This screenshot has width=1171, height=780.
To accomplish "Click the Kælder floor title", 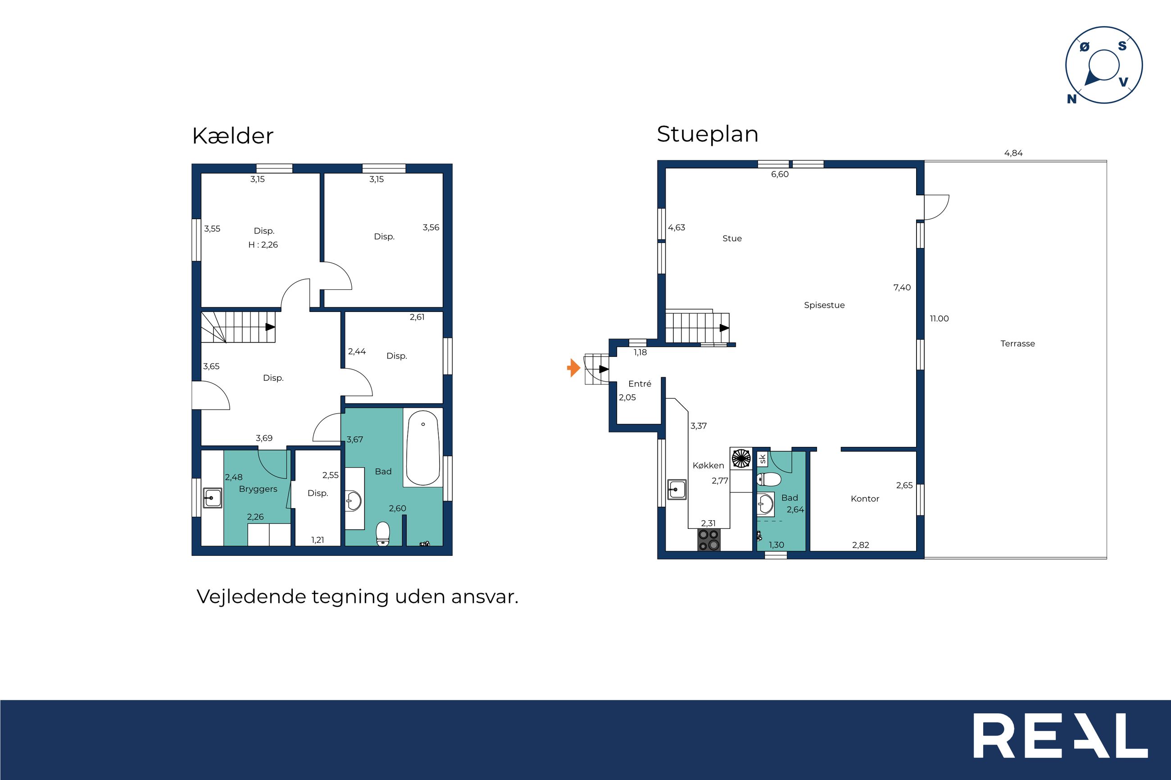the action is click(232, 136).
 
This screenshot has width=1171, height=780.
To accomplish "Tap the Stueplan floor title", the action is click(707, 134).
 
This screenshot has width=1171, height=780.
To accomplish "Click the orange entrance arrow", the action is click(574, 368).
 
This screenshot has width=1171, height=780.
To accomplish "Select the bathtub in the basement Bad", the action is click(423, 448).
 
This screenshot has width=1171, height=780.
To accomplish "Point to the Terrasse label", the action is click(1018, 344).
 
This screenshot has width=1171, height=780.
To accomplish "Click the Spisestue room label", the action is click(824, 306).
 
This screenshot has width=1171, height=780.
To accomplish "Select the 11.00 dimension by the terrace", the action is click(939, 319).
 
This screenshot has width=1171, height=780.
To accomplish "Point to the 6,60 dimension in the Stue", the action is click(780, 175).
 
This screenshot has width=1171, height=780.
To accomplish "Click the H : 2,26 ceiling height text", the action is click(263, 245).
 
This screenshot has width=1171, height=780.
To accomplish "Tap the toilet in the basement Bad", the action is click(383, 533).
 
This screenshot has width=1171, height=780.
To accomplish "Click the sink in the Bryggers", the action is click(213, 497).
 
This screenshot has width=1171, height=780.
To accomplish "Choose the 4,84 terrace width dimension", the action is click(1013, 153).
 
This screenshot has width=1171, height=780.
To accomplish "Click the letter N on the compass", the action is click(1071, 99).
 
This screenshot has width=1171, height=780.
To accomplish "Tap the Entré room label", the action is click(640, 384).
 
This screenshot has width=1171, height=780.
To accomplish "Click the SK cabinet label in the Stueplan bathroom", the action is click(763, 459).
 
